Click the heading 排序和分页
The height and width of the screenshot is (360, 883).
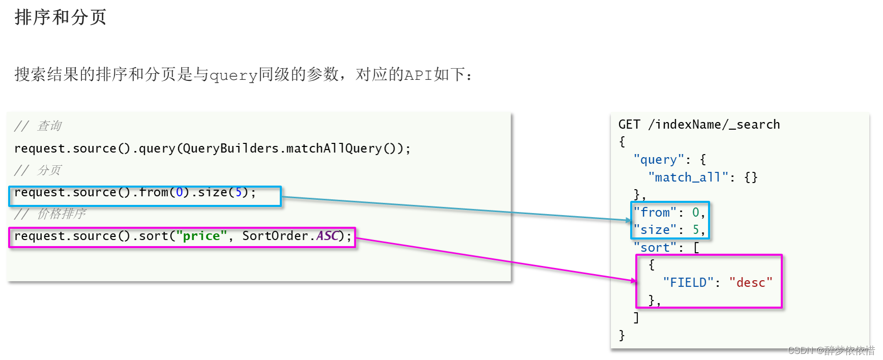click(x=61, y=17)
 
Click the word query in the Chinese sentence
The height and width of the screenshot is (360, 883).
click(x=233, y=75)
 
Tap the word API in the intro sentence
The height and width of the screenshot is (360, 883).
click(x=418, y=75)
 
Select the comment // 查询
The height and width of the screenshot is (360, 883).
click(x=38, y=126)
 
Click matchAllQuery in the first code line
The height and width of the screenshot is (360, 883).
click(x=333, y=148)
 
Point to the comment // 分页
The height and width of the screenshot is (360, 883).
click(x=38, y=170)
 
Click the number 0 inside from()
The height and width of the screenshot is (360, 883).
click(x=179, y=192)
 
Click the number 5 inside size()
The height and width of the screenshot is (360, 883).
click(x=238, y=192)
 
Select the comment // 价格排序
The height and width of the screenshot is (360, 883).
click(x=50, y=214)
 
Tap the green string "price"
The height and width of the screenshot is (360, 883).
click(x=201, y=236)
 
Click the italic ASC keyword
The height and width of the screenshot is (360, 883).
click(x=327, y=236)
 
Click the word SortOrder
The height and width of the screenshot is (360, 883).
click(x=275, y=236)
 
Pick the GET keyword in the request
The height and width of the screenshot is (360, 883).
click(x=629, y=125)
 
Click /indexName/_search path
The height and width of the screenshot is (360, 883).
click(x=714, y=125)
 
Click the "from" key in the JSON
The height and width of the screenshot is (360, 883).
click(x=655, y=213)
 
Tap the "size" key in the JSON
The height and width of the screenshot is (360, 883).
click(x=655, y=230)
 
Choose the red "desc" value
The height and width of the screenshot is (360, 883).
click(x=751, y=283)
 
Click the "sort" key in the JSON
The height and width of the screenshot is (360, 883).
click(x=655, y=248)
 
